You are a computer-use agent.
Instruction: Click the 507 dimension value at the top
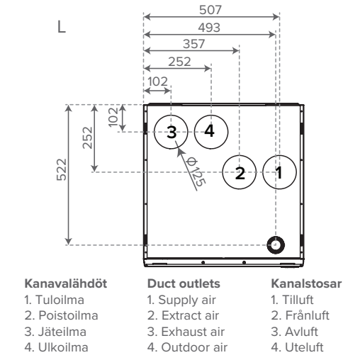[210, 10]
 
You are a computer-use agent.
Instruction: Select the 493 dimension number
[209, 28]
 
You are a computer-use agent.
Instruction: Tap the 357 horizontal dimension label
[193, 44]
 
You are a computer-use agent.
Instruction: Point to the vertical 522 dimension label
[62, 169]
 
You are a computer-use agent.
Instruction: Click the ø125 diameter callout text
[196, 172]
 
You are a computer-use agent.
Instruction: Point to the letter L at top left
[62, 27]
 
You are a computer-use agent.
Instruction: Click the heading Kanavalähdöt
[66, 283]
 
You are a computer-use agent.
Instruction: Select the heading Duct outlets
[184, 283]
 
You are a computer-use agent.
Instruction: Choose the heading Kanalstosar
[306, 283]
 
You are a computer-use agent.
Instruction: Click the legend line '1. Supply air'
[181, 300]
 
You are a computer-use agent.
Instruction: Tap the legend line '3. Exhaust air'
[186, 332]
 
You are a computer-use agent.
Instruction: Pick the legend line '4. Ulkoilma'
[56, 347]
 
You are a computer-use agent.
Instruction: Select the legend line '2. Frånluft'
[300, 315]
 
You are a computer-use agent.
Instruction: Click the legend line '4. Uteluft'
[297, 347]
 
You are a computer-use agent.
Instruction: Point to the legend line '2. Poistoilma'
[61, 315]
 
